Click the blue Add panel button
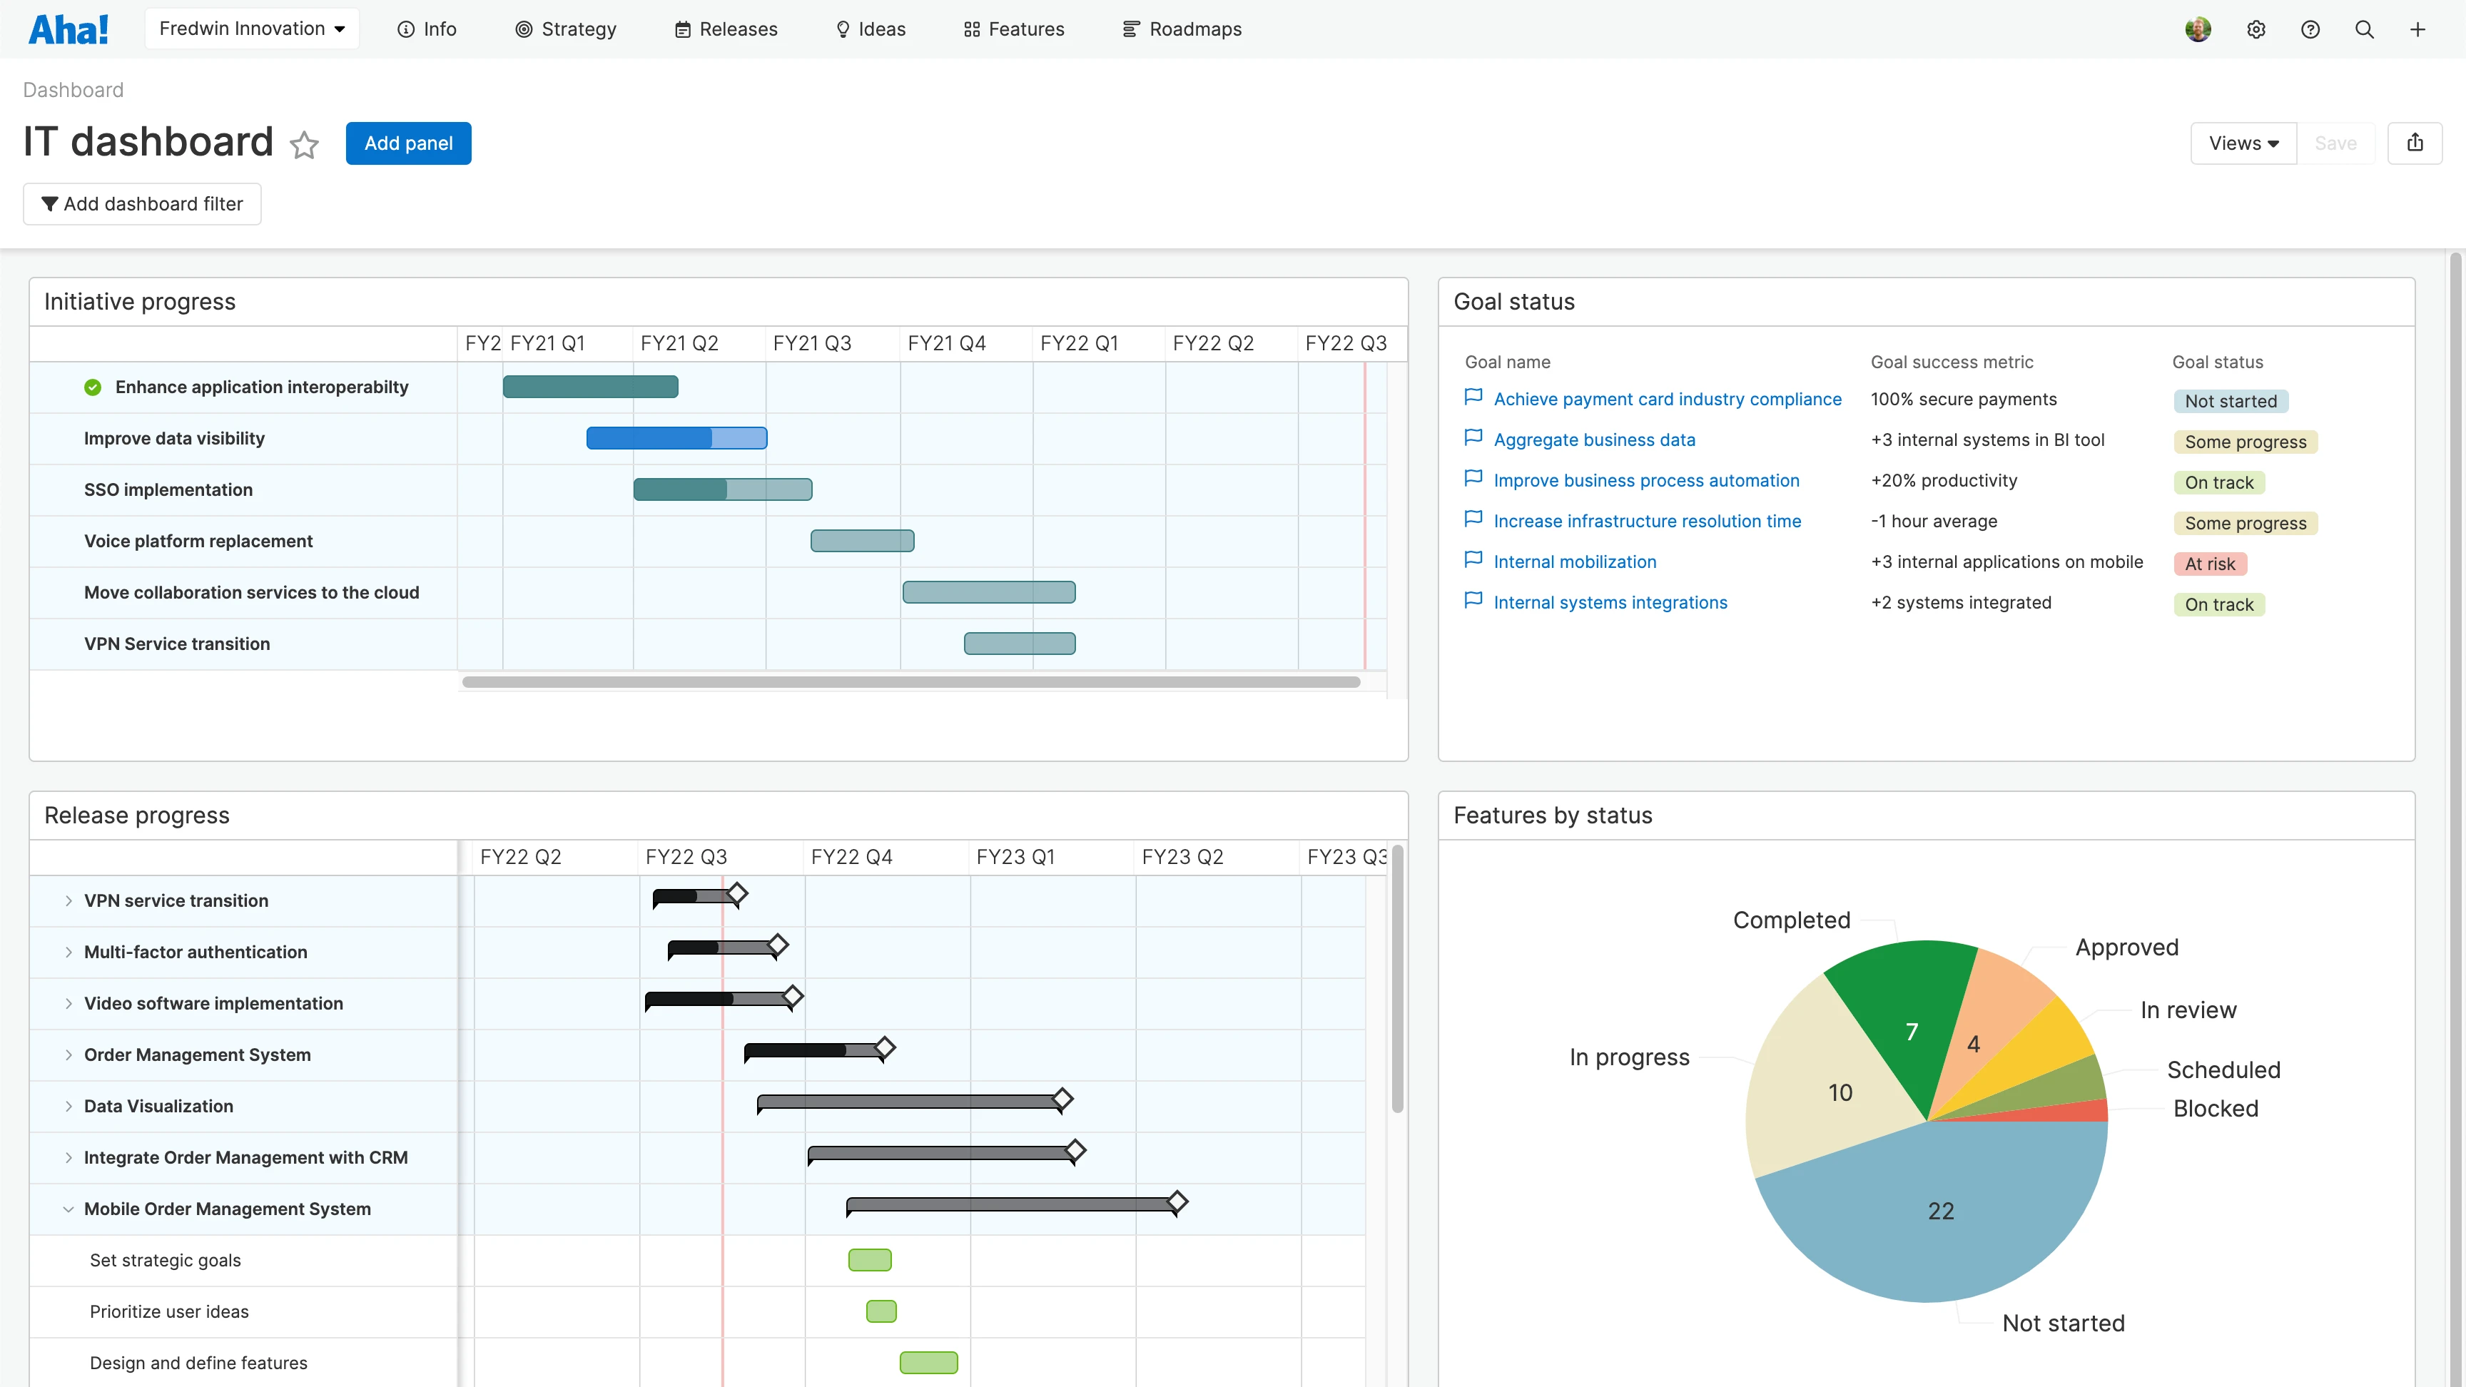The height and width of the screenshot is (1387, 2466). (408, 143)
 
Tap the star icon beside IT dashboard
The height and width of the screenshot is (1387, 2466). (305, 146)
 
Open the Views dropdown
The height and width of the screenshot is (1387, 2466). (2243, 143)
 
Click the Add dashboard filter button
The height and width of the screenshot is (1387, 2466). (142, 204)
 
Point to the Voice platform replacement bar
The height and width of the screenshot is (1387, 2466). (861, 541)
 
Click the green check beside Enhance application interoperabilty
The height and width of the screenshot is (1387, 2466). (93, 387)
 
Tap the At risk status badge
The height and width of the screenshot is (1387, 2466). (2209, 564)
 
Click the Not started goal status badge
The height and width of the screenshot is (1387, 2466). (2230, 401)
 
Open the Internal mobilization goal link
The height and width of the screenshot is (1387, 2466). (1574, 562)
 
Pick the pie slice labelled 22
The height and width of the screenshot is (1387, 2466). (1940, 1211)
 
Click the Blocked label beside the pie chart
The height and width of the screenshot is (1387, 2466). (2215, 1109)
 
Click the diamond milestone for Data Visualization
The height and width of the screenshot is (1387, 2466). (1062, 1100)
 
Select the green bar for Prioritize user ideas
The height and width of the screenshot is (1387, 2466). (881, 1311)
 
